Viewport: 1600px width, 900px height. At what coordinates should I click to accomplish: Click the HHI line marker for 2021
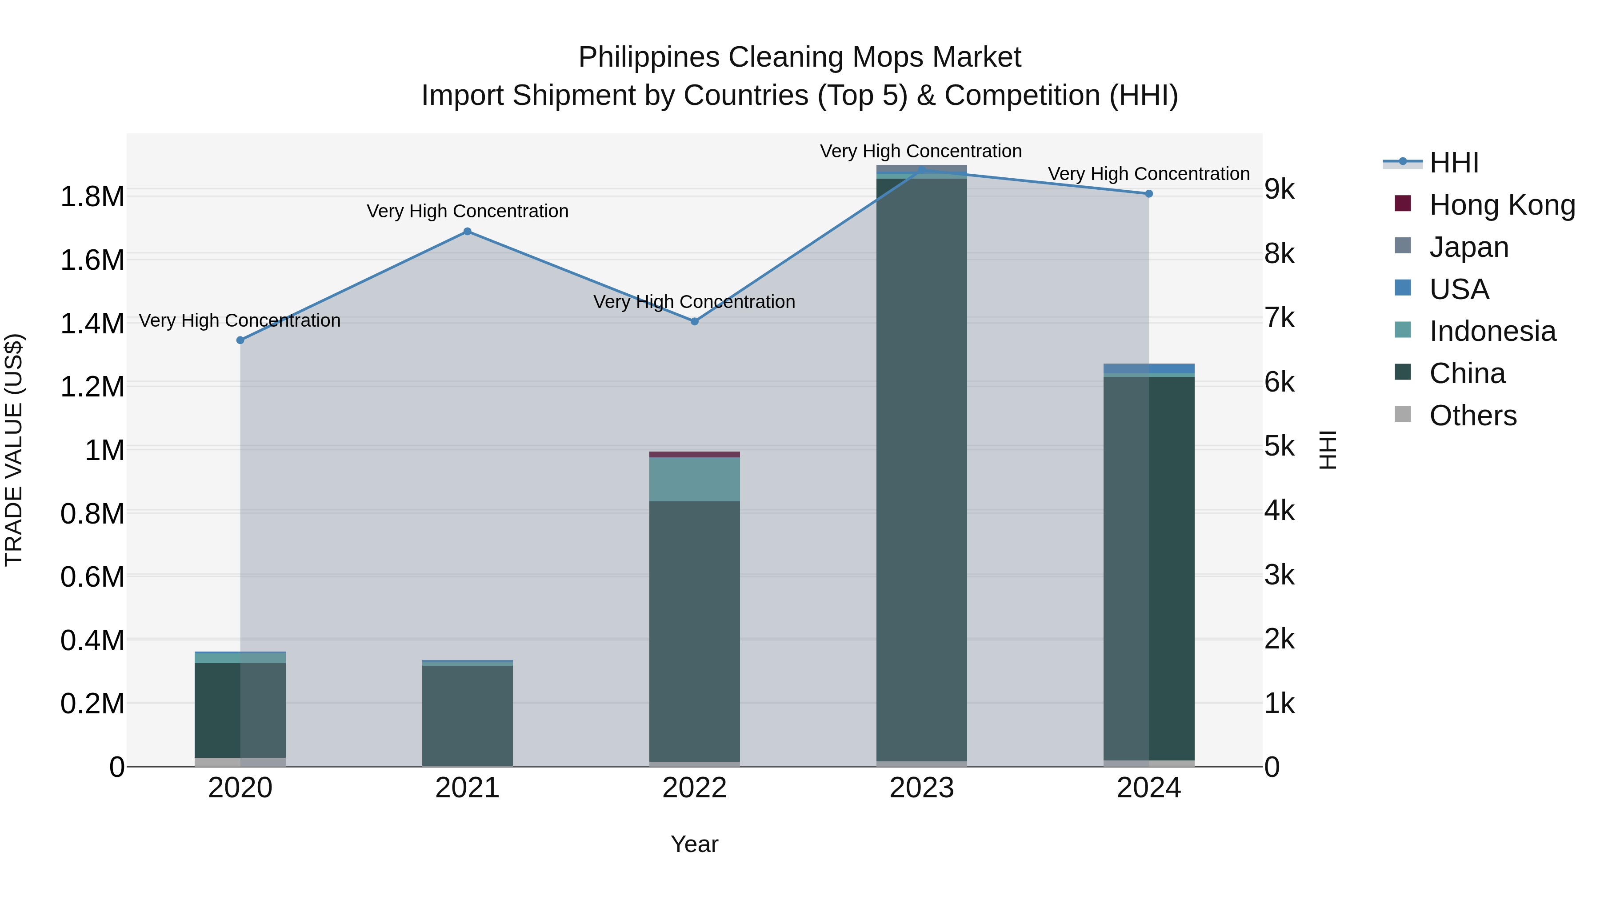(x=468, y=232)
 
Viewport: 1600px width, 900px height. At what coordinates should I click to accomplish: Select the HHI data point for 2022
(x=694, y=321)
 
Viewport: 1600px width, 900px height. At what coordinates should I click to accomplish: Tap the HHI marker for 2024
(x=1148, y=194)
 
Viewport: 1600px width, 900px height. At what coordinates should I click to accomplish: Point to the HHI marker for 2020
(x=240, y=340)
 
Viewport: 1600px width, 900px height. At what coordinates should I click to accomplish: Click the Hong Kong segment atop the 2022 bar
(x=694, y=455)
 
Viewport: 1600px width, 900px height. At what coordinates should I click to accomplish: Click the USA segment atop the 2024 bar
(x=1148, y=368)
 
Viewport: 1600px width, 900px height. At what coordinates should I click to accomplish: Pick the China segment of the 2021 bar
(x=468, y=714)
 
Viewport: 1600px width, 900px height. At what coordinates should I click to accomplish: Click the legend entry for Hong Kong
(x=1502, y=205)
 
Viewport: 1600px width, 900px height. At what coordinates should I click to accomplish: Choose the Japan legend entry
(x=1468, y=247)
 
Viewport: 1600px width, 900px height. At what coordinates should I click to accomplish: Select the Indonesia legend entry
(x=1492, y=331)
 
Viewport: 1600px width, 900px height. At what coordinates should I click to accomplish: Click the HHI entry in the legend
(x=1453, y=163)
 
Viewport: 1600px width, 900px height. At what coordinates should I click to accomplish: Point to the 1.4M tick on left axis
(x=92, y=324)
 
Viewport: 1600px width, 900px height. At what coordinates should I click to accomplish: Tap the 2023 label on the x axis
(x=922, y=788)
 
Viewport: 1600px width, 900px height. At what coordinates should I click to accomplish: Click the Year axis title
(x=694, y=844)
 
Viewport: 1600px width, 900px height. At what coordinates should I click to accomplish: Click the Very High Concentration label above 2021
(x=468, y=211)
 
